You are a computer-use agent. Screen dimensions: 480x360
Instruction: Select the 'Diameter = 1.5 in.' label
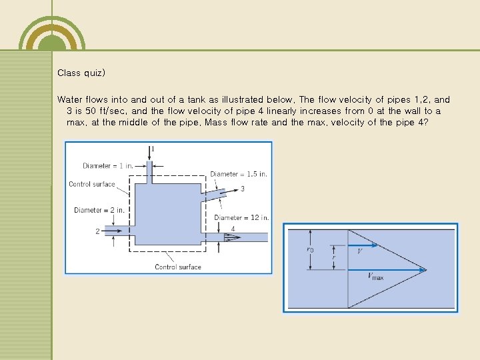coord(239,174)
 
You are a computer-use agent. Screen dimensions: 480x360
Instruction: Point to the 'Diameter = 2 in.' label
coord(99,210)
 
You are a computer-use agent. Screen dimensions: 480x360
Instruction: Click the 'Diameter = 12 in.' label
coord(241,217)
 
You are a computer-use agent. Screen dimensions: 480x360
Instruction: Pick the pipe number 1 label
coord(153,148)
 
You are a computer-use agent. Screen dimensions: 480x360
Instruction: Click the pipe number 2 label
coord(97,231)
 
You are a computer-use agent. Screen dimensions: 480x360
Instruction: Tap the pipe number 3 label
coord(242,189)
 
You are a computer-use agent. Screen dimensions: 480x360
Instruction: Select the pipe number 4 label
coord(233,229)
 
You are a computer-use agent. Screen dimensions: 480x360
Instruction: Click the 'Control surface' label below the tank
coord(177,267)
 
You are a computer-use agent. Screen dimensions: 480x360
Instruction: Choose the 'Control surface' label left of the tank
coord(92,185)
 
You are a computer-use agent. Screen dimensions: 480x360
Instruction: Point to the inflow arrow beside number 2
coord(112,231)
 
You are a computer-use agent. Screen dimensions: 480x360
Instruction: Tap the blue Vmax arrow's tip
coord(424,270)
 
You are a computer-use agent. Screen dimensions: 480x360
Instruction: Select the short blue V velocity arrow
coord(363,245)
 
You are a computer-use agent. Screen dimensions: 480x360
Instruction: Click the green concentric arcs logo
coord(52,31)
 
